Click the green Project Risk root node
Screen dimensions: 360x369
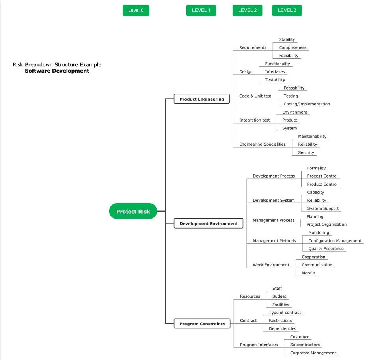coord(133,211)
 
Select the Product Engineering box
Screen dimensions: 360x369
coord(201,99)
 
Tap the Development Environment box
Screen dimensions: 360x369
coord(209,223)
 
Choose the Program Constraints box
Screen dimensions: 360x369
coord(202,324)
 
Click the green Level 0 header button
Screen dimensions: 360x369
coord(136,10)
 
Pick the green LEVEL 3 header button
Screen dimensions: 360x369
coord(287,10)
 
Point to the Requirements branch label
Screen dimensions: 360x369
coord(253,47)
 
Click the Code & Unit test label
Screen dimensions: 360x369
coord(255,96)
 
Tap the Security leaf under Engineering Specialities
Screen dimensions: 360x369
coord(306,152)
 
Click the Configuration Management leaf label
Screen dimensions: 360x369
coord(335,241)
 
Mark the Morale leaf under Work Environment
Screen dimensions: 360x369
coord(308,273)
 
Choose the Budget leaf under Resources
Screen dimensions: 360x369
coord(279,296)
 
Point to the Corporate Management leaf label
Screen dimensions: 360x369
coord(313,353)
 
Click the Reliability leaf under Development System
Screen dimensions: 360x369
coord(317,201)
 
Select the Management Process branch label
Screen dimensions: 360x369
coord(274,220)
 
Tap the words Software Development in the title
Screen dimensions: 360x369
coord(57,71)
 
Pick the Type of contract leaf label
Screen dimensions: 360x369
coord(285,313)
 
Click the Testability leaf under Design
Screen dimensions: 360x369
coord(275,80)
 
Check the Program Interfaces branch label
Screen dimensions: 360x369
coord(259,345)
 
